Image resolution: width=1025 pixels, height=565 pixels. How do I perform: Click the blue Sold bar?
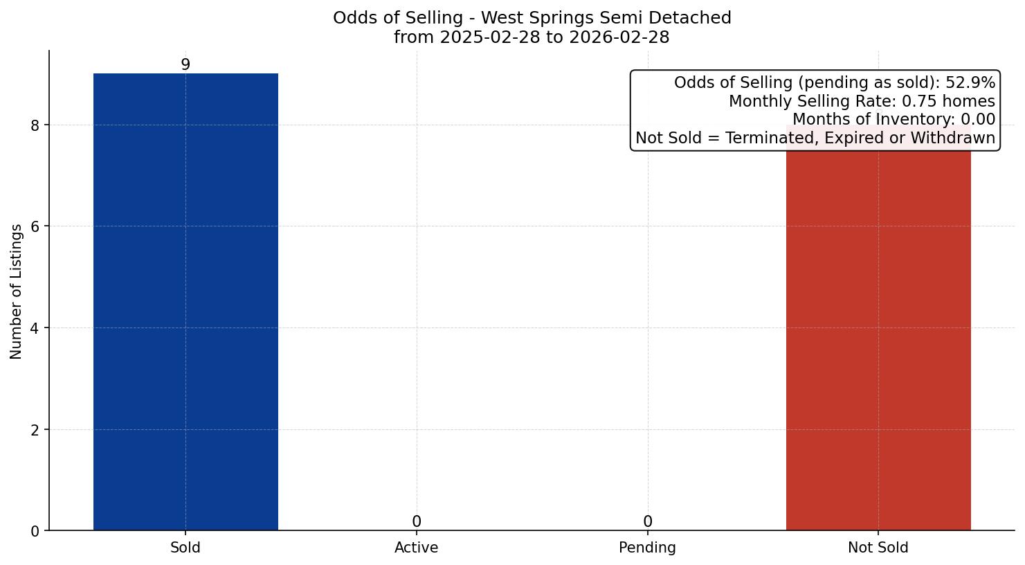click(x=185, y=302)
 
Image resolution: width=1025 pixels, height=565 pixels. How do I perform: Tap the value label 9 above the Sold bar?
click(x=185, y=64)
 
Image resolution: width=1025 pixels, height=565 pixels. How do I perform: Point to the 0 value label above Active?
click(x=416, y=521)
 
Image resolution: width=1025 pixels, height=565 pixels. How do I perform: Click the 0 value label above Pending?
click(x=647, y=521)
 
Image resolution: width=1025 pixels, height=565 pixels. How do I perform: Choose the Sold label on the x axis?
click(x=185, y=548)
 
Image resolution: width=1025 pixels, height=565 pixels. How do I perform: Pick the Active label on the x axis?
click(x=416, y=548)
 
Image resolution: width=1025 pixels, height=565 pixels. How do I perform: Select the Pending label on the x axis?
click(x=647, y=548)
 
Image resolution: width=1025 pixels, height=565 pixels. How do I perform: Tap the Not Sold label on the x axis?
click(x=878, y=548)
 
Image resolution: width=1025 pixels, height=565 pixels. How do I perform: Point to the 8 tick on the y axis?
click(x=35, y=125)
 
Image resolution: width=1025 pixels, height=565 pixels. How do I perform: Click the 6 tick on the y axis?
click(x=35, y=226)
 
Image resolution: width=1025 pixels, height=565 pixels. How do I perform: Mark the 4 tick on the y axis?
click(x=35, y=328)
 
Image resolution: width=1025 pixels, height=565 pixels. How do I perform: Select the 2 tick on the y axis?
click(x=35, y=430)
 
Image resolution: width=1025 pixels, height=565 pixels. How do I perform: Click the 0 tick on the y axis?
click(x=35, y=531)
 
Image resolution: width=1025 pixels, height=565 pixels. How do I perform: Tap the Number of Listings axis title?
click(x=17, y=291)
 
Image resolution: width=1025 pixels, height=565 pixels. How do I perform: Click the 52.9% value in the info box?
click(x=970, y=83)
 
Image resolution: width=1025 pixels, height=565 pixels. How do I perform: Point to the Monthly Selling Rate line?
click(x=861, y=102)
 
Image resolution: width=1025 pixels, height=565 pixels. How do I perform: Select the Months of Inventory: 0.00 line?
click(x=893, y=120)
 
